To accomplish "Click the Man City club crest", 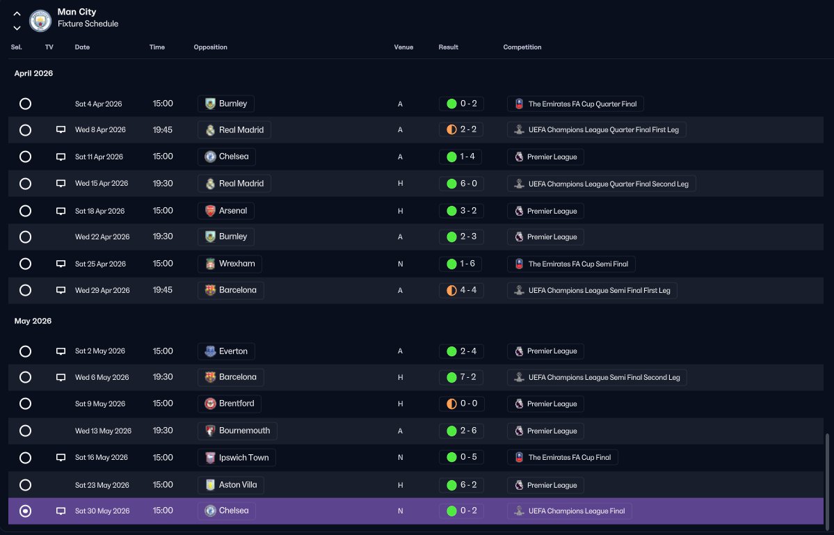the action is point(40,21).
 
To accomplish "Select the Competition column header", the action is point(522,47).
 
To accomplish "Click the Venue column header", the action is point(403,47).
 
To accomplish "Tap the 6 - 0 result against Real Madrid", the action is point(461,184).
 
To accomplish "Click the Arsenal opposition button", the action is point(226,211).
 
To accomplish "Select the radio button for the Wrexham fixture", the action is point(25,264).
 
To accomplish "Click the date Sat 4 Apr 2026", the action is point(98,104).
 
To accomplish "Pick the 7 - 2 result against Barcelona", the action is point(461,378).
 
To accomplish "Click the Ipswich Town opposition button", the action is point(236,457).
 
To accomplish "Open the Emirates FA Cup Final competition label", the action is point(563,457).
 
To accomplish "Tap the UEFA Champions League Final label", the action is point(570,511).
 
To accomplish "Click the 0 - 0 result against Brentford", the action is point(461,404).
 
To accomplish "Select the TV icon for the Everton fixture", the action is point(61,351).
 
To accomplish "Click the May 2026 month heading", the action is point(33,321).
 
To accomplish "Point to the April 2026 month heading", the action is point(33,73).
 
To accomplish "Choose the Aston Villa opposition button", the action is point(230,485).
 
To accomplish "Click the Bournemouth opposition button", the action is point(237,431).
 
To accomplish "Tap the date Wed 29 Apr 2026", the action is point(102,290).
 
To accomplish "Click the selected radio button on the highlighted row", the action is point(25,511).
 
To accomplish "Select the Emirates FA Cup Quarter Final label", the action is point(575,104).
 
